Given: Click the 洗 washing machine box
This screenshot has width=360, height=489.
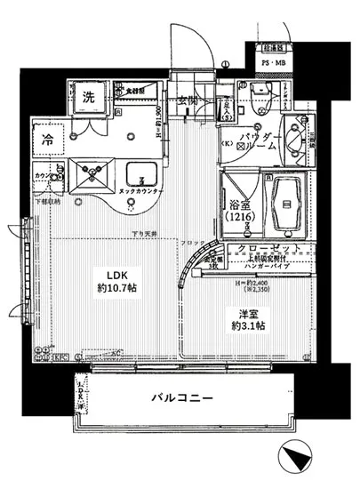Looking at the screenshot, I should point(89,97).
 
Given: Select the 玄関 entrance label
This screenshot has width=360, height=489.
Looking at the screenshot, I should point(187,99).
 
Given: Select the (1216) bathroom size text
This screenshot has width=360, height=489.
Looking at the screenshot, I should point(239,215).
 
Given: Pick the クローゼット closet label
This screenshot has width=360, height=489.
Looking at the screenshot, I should point(271,248).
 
